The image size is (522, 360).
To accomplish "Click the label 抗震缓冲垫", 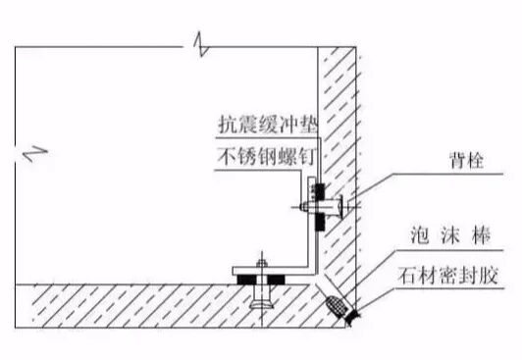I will point(263,127).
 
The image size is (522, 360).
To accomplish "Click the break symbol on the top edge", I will point(199,44).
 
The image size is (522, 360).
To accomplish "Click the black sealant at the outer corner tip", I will point(348,313).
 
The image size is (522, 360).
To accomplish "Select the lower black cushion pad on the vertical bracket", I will point(317,223).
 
